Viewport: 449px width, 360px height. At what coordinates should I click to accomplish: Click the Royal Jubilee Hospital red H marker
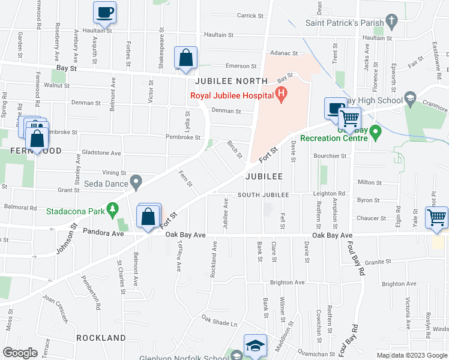point(280,94)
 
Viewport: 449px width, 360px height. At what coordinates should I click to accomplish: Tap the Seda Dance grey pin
point(137,181)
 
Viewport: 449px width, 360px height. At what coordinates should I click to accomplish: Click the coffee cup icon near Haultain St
point(104,12)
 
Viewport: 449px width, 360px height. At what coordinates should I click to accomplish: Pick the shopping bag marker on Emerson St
point(186,59)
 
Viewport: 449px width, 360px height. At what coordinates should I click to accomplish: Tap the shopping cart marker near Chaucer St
point(436,217)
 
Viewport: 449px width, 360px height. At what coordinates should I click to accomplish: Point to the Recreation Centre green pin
point(376,131)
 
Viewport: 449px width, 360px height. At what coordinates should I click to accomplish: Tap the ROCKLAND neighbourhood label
point(101,338)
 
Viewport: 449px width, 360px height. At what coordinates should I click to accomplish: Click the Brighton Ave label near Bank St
point(288,282)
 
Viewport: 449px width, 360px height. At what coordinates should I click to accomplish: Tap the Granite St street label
point(378,262)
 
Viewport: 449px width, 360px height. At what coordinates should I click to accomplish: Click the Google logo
point(20,352)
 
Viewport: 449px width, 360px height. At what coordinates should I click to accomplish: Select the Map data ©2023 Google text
point(411,355)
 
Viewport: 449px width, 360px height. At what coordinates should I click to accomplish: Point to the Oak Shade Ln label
point(220,323)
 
